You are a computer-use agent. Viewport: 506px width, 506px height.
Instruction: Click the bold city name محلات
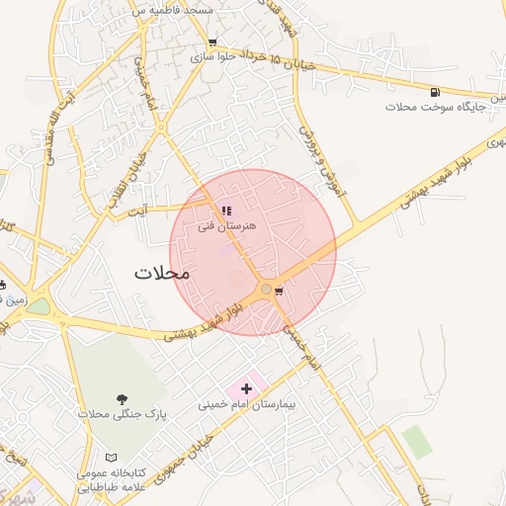point(160,273)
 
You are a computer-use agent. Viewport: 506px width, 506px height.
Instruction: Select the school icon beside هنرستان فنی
point(225,211)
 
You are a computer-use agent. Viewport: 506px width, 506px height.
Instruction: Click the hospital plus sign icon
point(247,388)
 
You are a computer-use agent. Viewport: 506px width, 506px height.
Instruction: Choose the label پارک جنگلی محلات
point(122,414)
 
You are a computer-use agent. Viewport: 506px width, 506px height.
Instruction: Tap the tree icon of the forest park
point(122,398)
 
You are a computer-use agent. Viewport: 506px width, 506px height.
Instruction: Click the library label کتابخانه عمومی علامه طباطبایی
point(107,479)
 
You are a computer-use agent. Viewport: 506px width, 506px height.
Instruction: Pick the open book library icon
point(111,459)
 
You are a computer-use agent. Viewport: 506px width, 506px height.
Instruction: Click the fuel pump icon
point(435,92)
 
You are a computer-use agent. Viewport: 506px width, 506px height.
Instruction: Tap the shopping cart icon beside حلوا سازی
point(211,42)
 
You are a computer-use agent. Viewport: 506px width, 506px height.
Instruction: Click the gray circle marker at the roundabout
point(266,289)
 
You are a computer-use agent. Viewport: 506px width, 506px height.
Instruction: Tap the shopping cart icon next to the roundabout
point(279,291)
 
